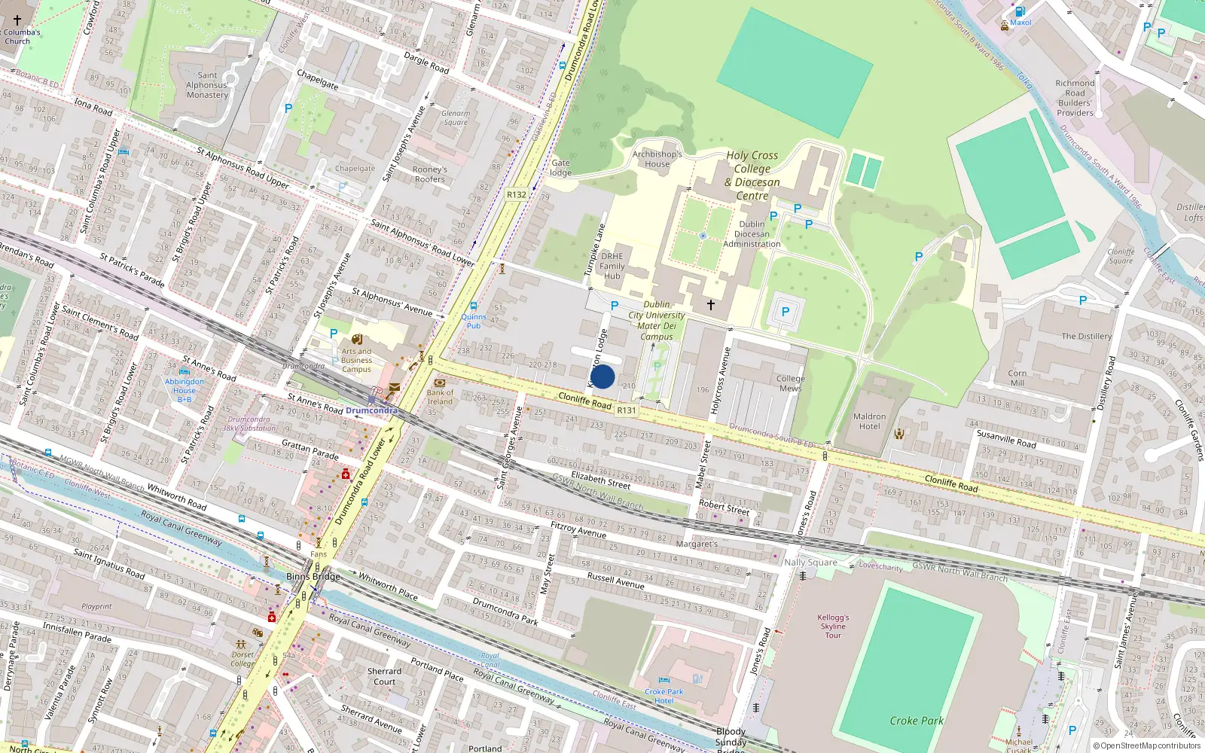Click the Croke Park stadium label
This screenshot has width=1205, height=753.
pos(916,721)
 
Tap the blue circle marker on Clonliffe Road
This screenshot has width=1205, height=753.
pos(602,376)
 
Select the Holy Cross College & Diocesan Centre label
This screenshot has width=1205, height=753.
pos(752,175)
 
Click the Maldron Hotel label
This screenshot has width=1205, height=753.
pos(869,421)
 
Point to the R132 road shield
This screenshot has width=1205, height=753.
pos(517,194)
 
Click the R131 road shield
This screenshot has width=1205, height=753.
pos(626,410)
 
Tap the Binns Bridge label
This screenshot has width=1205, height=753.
pos(313,577)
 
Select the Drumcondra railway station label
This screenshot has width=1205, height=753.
pos(371,410)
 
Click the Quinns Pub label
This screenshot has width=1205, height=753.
pos(474,321)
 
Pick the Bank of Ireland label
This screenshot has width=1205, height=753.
pos(440,397)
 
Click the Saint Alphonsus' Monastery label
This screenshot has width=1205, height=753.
pos(207,85)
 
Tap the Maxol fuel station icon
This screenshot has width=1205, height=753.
pos(1020,11)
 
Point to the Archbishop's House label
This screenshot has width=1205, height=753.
pos(657,159)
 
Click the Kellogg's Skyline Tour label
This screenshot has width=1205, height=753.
pos(833,626)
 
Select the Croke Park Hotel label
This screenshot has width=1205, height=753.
pos(664,696)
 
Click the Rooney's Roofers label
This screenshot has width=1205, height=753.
pos(429,174)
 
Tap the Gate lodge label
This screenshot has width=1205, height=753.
pos(561,167)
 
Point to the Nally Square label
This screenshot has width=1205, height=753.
pos(810,562)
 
